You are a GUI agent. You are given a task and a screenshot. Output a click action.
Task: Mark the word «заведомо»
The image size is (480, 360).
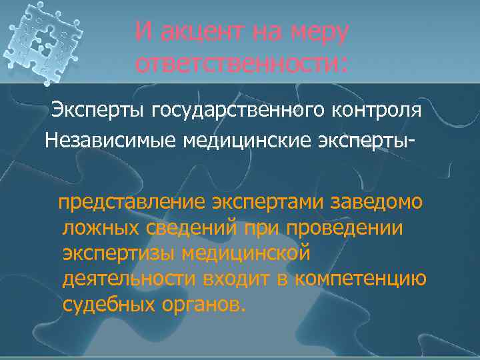[385, 202]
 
